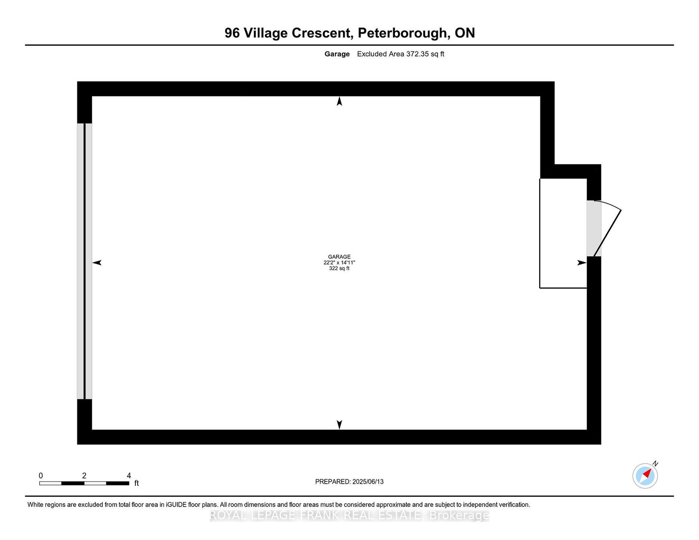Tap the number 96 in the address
232,33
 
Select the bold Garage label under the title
337,54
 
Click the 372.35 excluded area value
417,54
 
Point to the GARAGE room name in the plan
339,257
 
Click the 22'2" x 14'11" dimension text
339,262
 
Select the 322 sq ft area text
339,268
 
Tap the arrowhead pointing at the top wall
339,101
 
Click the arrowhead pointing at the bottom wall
339,424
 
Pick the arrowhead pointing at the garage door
97,263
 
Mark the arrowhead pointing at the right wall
581,263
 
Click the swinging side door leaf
607,233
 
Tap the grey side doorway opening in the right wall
593,228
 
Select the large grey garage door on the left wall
84,261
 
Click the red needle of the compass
647,473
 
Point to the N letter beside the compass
655,464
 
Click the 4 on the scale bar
129,476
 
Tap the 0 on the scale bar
41,476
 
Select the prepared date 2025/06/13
368,482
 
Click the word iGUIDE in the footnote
176,505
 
